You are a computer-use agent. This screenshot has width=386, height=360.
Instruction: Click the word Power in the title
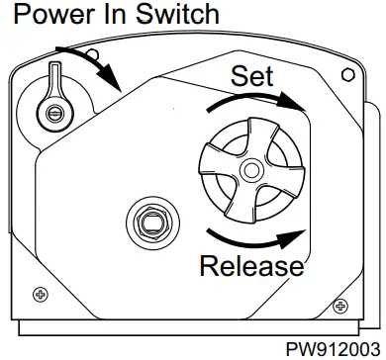50,16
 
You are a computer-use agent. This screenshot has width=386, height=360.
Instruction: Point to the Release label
251,265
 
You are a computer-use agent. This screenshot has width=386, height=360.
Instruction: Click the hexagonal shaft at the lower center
151,222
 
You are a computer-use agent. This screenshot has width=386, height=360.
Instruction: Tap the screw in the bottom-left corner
41,294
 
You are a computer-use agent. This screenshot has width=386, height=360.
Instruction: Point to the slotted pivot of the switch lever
52,111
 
